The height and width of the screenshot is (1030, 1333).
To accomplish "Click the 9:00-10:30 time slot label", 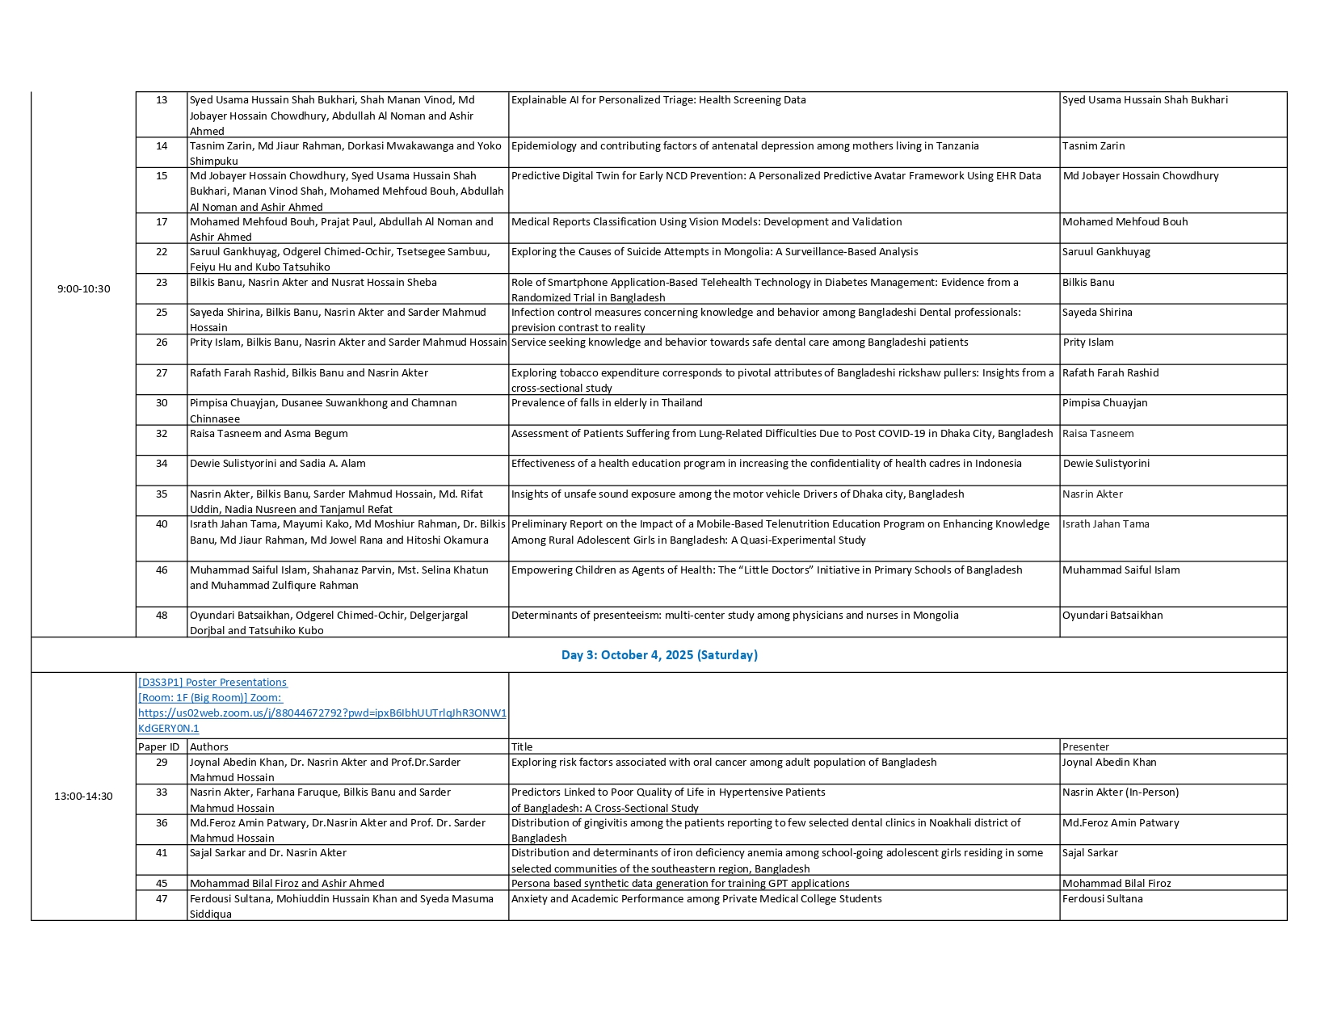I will point(83,289).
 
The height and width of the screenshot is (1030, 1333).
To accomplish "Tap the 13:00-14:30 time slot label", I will point(83,797).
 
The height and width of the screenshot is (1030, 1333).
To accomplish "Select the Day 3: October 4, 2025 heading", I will point(659,655).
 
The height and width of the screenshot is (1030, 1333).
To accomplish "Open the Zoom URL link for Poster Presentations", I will point(322,713).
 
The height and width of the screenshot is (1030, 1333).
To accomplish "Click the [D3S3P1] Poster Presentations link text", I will point(212,683).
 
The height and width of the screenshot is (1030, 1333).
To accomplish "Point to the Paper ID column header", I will point(159,747).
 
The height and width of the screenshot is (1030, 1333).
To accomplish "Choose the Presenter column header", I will point(1086,747).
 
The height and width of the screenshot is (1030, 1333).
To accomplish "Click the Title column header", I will point(522,747).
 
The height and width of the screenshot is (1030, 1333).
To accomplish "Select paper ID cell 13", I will point(162,100).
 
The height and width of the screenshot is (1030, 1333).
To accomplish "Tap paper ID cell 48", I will point(162,616).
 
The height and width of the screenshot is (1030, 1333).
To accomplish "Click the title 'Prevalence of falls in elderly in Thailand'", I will point(607,403).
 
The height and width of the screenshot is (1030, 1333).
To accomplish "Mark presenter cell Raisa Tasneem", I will point(1098,434).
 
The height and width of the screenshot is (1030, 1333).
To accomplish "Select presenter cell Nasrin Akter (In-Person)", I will point(1121,792).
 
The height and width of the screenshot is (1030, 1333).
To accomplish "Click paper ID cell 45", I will point(162,884).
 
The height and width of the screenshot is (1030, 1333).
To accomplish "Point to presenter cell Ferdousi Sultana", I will point(1103,899).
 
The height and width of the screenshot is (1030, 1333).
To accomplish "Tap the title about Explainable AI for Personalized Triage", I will point(658,100).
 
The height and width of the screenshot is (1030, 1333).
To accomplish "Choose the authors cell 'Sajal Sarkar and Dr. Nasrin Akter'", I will point(268,853).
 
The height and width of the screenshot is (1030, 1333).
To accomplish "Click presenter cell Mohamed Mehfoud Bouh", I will point(1125,222).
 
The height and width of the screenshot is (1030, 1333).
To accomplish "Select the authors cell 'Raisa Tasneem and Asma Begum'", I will point(269,434).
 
